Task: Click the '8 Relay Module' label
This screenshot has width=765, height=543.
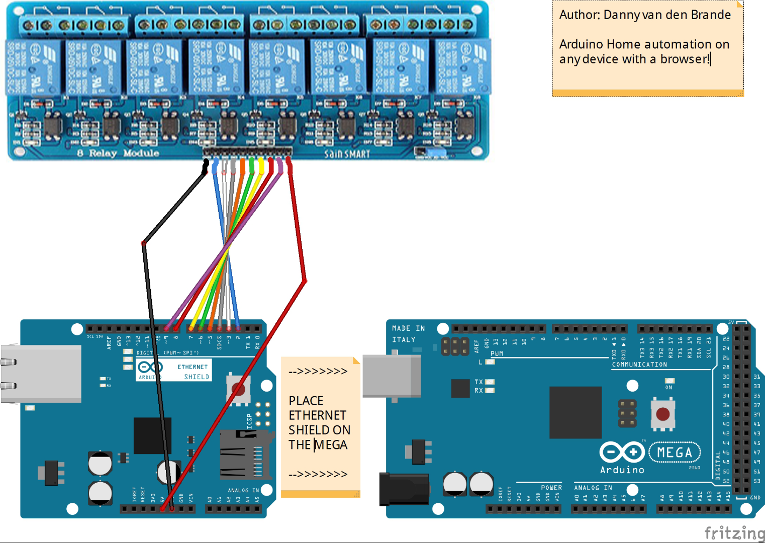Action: [x=118, y=153]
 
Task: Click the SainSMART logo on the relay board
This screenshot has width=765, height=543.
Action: [x=347, y=154]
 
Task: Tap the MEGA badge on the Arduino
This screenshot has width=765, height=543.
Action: [x=675, y=452]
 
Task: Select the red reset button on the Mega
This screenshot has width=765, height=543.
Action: [x=663, y=414]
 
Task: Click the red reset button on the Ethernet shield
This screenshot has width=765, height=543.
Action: [x=238, y=389]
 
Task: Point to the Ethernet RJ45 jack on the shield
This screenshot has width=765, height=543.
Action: [x=40, y=373]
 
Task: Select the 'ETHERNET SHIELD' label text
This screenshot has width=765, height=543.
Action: [x=193, y=372]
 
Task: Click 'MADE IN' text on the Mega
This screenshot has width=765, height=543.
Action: [x=408, y=328]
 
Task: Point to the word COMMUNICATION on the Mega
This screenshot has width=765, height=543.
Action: [x=639, y=365]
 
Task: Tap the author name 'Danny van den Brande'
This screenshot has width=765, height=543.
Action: [x=666, y=15]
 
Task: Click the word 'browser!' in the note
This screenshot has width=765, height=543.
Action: [x=685, y=59]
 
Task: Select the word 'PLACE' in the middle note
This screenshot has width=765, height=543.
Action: [x=306, y=401]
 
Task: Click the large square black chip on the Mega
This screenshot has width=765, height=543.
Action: [x=575, y=412]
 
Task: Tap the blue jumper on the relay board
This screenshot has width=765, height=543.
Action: [x=436, y=151]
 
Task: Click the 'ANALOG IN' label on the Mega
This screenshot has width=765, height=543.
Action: [x=593, y=488]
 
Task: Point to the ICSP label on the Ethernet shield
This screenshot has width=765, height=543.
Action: [x=249, y=421]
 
